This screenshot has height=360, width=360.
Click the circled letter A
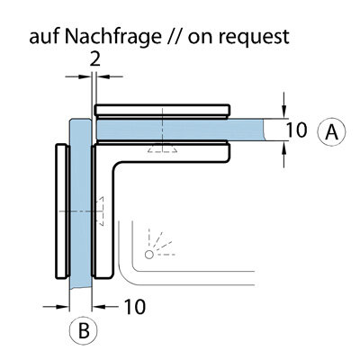[x=331, y=131]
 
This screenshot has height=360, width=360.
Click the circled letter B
[x=84, y=331]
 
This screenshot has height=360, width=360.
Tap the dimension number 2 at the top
[x=95, y=60]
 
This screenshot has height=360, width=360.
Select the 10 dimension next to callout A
[x=296, y=130]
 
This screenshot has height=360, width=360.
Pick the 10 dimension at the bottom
[x=135, y=307]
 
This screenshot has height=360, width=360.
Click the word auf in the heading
[x=44, y=36]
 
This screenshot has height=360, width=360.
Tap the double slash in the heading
[x=174, y=36]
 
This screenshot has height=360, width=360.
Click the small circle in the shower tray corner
[x=149, y=255]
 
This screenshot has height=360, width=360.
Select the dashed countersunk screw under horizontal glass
[x=162, y=149]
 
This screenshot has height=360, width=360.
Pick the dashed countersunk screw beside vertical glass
[x=100, y=211]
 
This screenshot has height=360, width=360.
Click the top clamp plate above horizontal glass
[x=163, y=112]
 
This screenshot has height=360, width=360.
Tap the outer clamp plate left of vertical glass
[x=62, y=211]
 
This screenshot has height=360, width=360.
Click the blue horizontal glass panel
[x=180, y=130]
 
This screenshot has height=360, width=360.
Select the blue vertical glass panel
[x=80, y=204]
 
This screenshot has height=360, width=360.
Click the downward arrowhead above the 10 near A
[x=284, y=112]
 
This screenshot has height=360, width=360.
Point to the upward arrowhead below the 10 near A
[x=284, y=147]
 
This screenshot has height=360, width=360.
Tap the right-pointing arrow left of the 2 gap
[x=78, y=77]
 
